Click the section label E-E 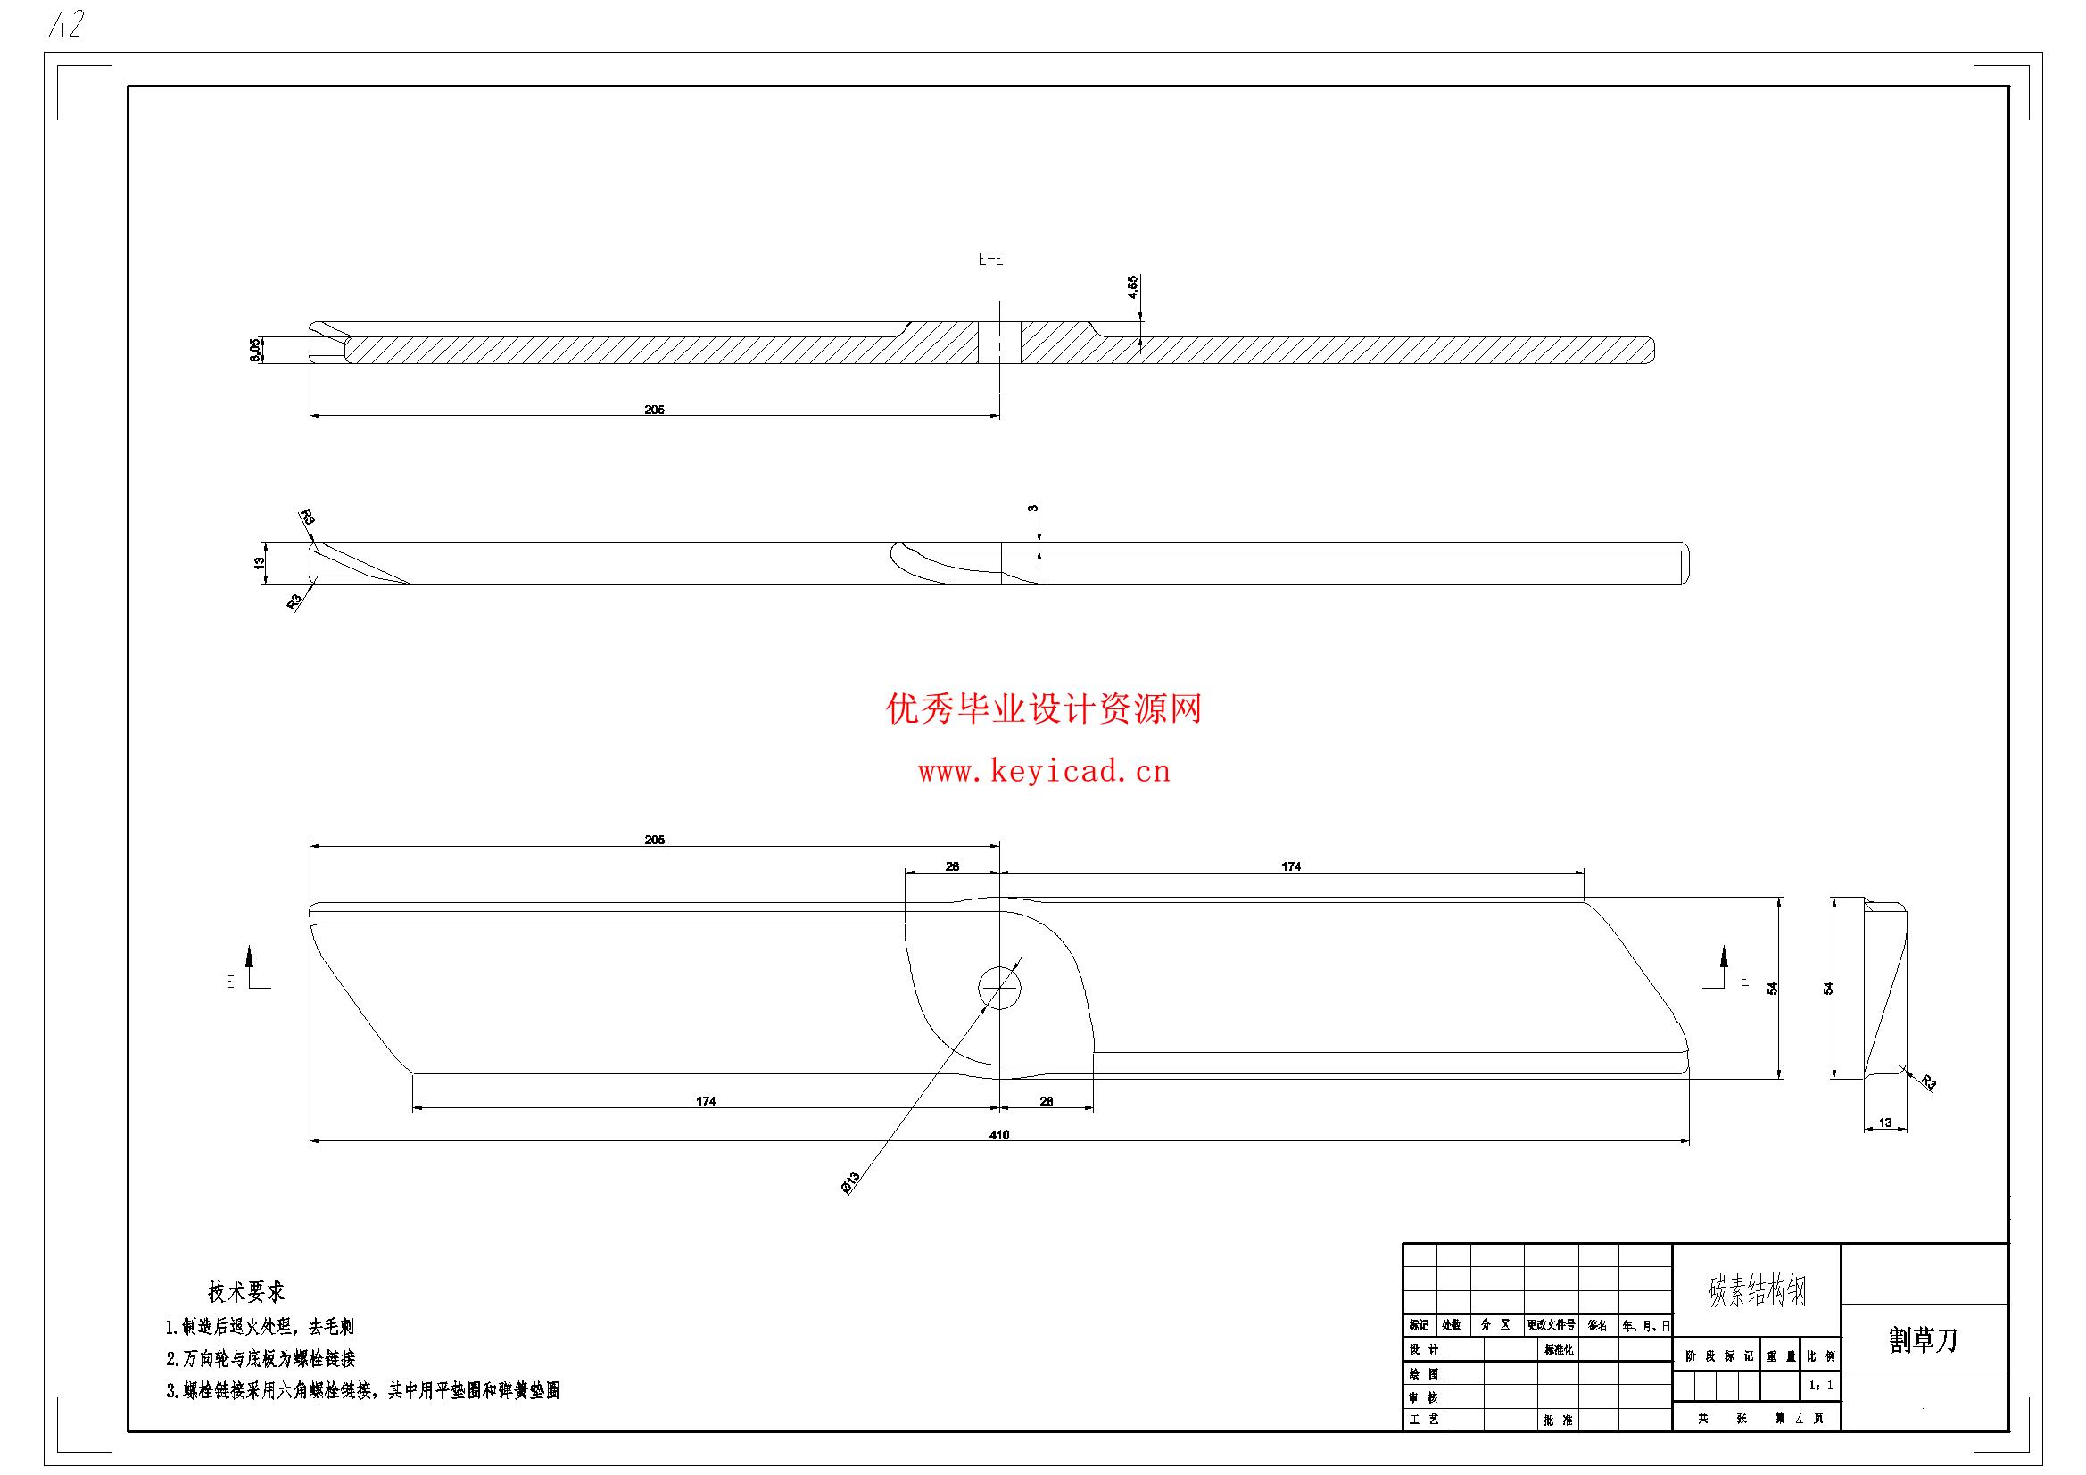990,259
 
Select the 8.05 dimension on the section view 255,350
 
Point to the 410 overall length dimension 999,1134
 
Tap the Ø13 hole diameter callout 849,1182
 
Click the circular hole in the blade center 999,987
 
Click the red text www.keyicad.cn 1043,773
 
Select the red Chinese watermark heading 1044,708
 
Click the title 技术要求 246,1291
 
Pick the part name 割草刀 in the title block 1924,1340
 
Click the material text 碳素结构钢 1757,1290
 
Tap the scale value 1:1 1821,1386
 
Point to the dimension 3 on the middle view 1033,508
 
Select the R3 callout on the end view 1928,1082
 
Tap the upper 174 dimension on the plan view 1291,866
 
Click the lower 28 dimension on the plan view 1046,1101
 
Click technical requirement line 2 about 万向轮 260,1359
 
